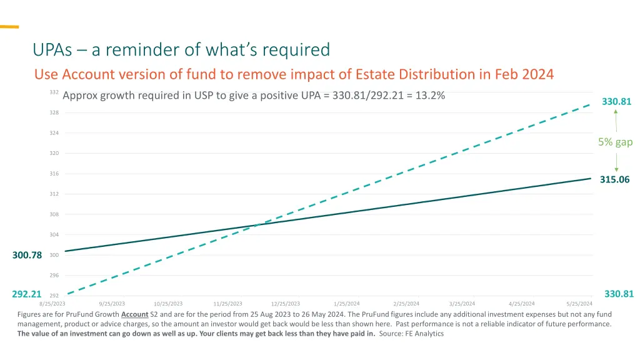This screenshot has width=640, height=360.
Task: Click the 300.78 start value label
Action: (x=27, y=255)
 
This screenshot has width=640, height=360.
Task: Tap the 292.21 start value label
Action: (x=27, y=294)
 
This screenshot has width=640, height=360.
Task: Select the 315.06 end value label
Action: (x=615, y=179)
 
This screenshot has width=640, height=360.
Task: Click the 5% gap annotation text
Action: (x=615, y=142)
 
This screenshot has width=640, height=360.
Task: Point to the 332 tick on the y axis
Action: (x=54, y=92)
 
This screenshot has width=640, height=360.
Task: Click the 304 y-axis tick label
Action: (x=54, y=234)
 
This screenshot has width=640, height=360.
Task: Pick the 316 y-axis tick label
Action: (x=54, y=174)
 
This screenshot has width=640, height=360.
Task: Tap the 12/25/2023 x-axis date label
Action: (x=286, y=304)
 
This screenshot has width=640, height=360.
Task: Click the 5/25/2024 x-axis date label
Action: (x=579, y=304)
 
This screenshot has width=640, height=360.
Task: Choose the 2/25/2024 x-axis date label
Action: (x=407, y=304)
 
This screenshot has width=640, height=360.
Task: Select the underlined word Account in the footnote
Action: (x=134, y=314)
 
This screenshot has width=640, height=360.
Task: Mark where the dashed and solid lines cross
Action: (x=257, y=225)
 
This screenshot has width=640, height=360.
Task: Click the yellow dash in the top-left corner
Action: (x=9, y=27)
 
